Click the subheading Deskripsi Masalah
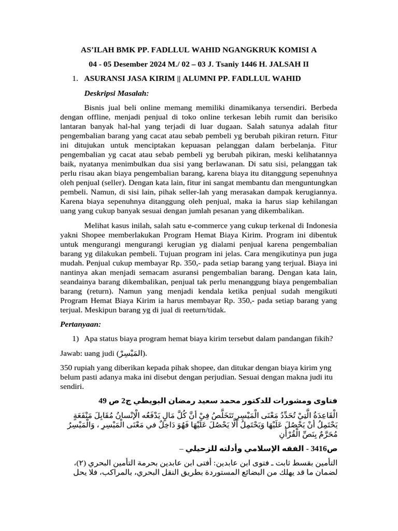(x=116, y=93)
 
